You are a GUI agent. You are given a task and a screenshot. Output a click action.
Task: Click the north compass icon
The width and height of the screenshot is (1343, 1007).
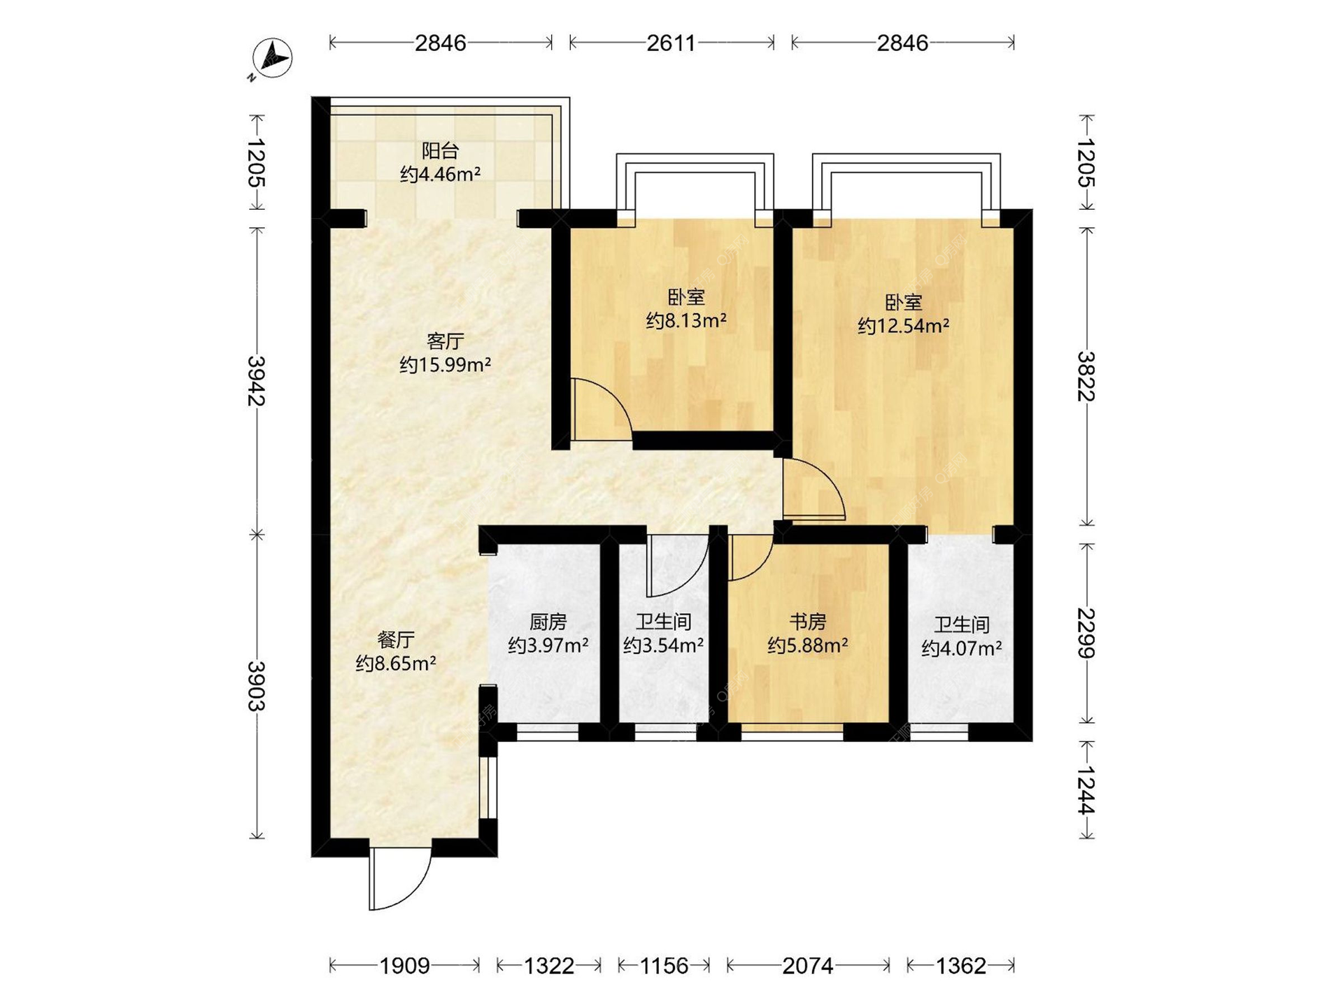tap(271, 58)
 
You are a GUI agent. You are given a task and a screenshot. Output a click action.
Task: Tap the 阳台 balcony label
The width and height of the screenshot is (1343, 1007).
tap(440, 150)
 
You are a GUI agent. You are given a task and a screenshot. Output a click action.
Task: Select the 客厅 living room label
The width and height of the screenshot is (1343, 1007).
tap(445, 341)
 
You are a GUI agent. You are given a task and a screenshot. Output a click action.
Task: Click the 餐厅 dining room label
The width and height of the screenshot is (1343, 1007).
tap(396, 639)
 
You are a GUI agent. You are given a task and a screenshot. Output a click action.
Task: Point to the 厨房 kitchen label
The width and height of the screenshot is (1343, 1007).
tap(548, 622)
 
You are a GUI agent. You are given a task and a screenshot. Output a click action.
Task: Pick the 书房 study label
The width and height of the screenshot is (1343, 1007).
tap(808, 622)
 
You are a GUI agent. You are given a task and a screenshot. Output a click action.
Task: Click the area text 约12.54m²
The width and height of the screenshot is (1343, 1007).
tap(904, 326)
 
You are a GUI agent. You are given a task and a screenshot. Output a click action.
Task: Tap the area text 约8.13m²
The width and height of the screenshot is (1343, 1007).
tap(686, 321)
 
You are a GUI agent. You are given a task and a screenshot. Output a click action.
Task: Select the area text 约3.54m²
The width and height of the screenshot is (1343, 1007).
tap(663, 645)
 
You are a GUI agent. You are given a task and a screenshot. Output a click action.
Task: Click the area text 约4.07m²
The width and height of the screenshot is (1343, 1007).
tap(962, 649)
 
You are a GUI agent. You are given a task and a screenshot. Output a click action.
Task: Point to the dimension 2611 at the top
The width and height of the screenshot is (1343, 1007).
tap(671, 43)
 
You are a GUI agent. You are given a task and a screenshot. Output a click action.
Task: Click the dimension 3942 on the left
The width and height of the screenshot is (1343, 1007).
tap(257, 381)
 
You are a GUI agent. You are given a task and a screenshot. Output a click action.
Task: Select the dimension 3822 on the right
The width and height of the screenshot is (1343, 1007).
tap(1086, 376)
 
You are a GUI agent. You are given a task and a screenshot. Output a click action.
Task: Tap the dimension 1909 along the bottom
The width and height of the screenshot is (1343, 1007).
tap(404, 966)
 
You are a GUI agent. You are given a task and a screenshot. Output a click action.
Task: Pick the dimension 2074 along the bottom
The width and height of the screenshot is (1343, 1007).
tap(808, 966)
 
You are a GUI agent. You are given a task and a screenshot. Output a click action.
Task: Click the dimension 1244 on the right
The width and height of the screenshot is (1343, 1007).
tap(1086, 790)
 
